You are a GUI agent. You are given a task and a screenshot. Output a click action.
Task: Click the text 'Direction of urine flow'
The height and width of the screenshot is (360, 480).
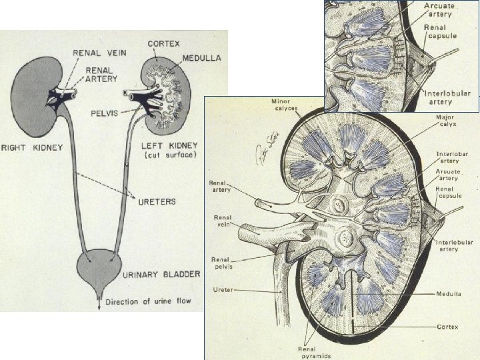pyautogui.click(x=147, y=301)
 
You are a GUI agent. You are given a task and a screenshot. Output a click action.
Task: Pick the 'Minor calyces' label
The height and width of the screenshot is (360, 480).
pyautogui.click(x=285, y=104)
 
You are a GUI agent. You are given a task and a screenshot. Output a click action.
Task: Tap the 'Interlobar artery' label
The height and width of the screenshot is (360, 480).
pyautogui.click(x=452, y=157)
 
